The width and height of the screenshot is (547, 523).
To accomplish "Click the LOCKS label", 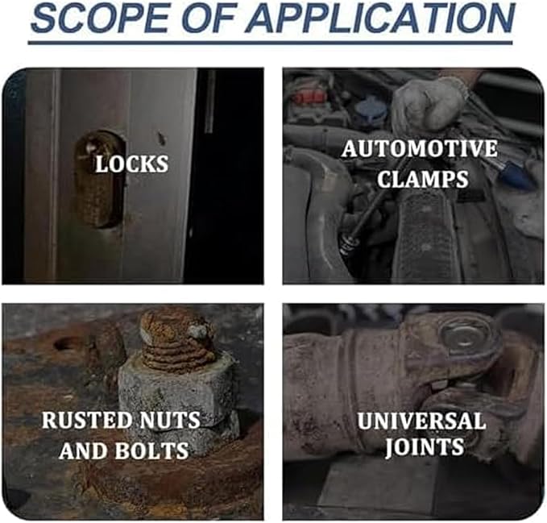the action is pos(132,164).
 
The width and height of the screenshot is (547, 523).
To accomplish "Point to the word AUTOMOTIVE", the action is pos(420,148).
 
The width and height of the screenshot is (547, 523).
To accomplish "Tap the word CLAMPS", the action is pos(422,179).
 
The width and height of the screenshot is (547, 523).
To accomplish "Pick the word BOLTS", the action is pos(151,450).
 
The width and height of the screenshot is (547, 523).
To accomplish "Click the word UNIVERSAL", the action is pos(421,421).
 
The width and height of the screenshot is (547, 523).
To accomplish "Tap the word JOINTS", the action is pos(425,447).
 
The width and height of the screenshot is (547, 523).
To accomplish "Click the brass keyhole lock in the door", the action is pos(100,180).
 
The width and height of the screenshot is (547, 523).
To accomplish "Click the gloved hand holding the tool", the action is pos(429,103).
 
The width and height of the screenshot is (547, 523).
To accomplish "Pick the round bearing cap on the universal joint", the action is pos(465,335).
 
